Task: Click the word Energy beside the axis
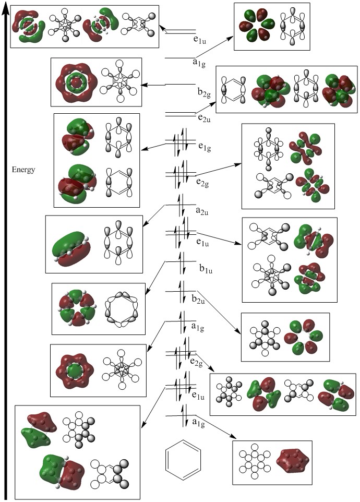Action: coord(23,170)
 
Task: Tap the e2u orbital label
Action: coord(205,118)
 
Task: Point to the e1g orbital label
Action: coord(205,149)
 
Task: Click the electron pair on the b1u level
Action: coord(182,261)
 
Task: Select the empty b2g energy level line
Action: coord(181,85)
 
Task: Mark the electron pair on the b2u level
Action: coord(182,290)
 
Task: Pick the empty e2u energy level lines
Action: coord(181,114)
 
